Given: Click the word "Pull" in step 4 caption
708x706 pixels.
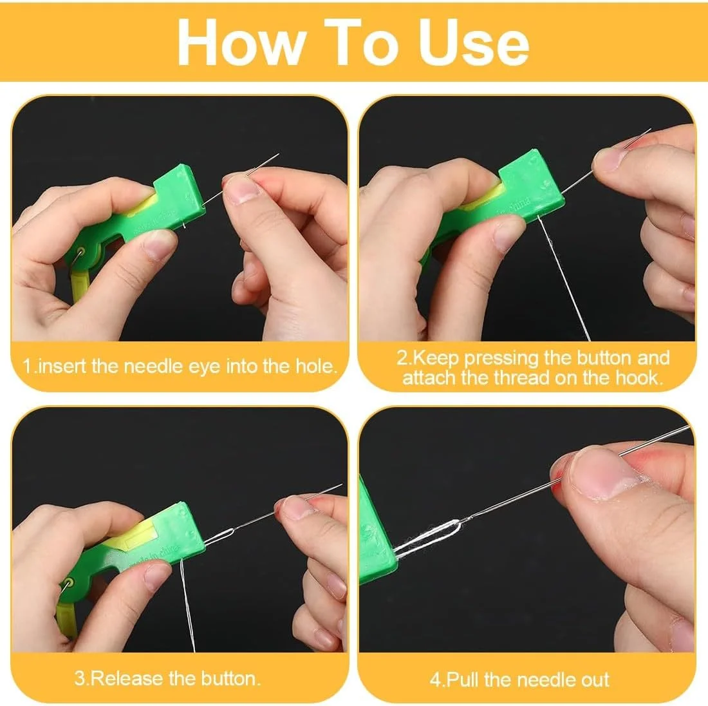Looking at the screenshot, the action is click(x=462, y=680).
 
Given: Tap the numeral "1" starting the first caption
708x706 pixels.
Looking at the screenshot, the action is click(x=27, y=366).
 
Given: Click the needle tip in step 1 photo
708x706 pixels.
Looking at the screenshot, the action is click(x=278, y=155).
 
